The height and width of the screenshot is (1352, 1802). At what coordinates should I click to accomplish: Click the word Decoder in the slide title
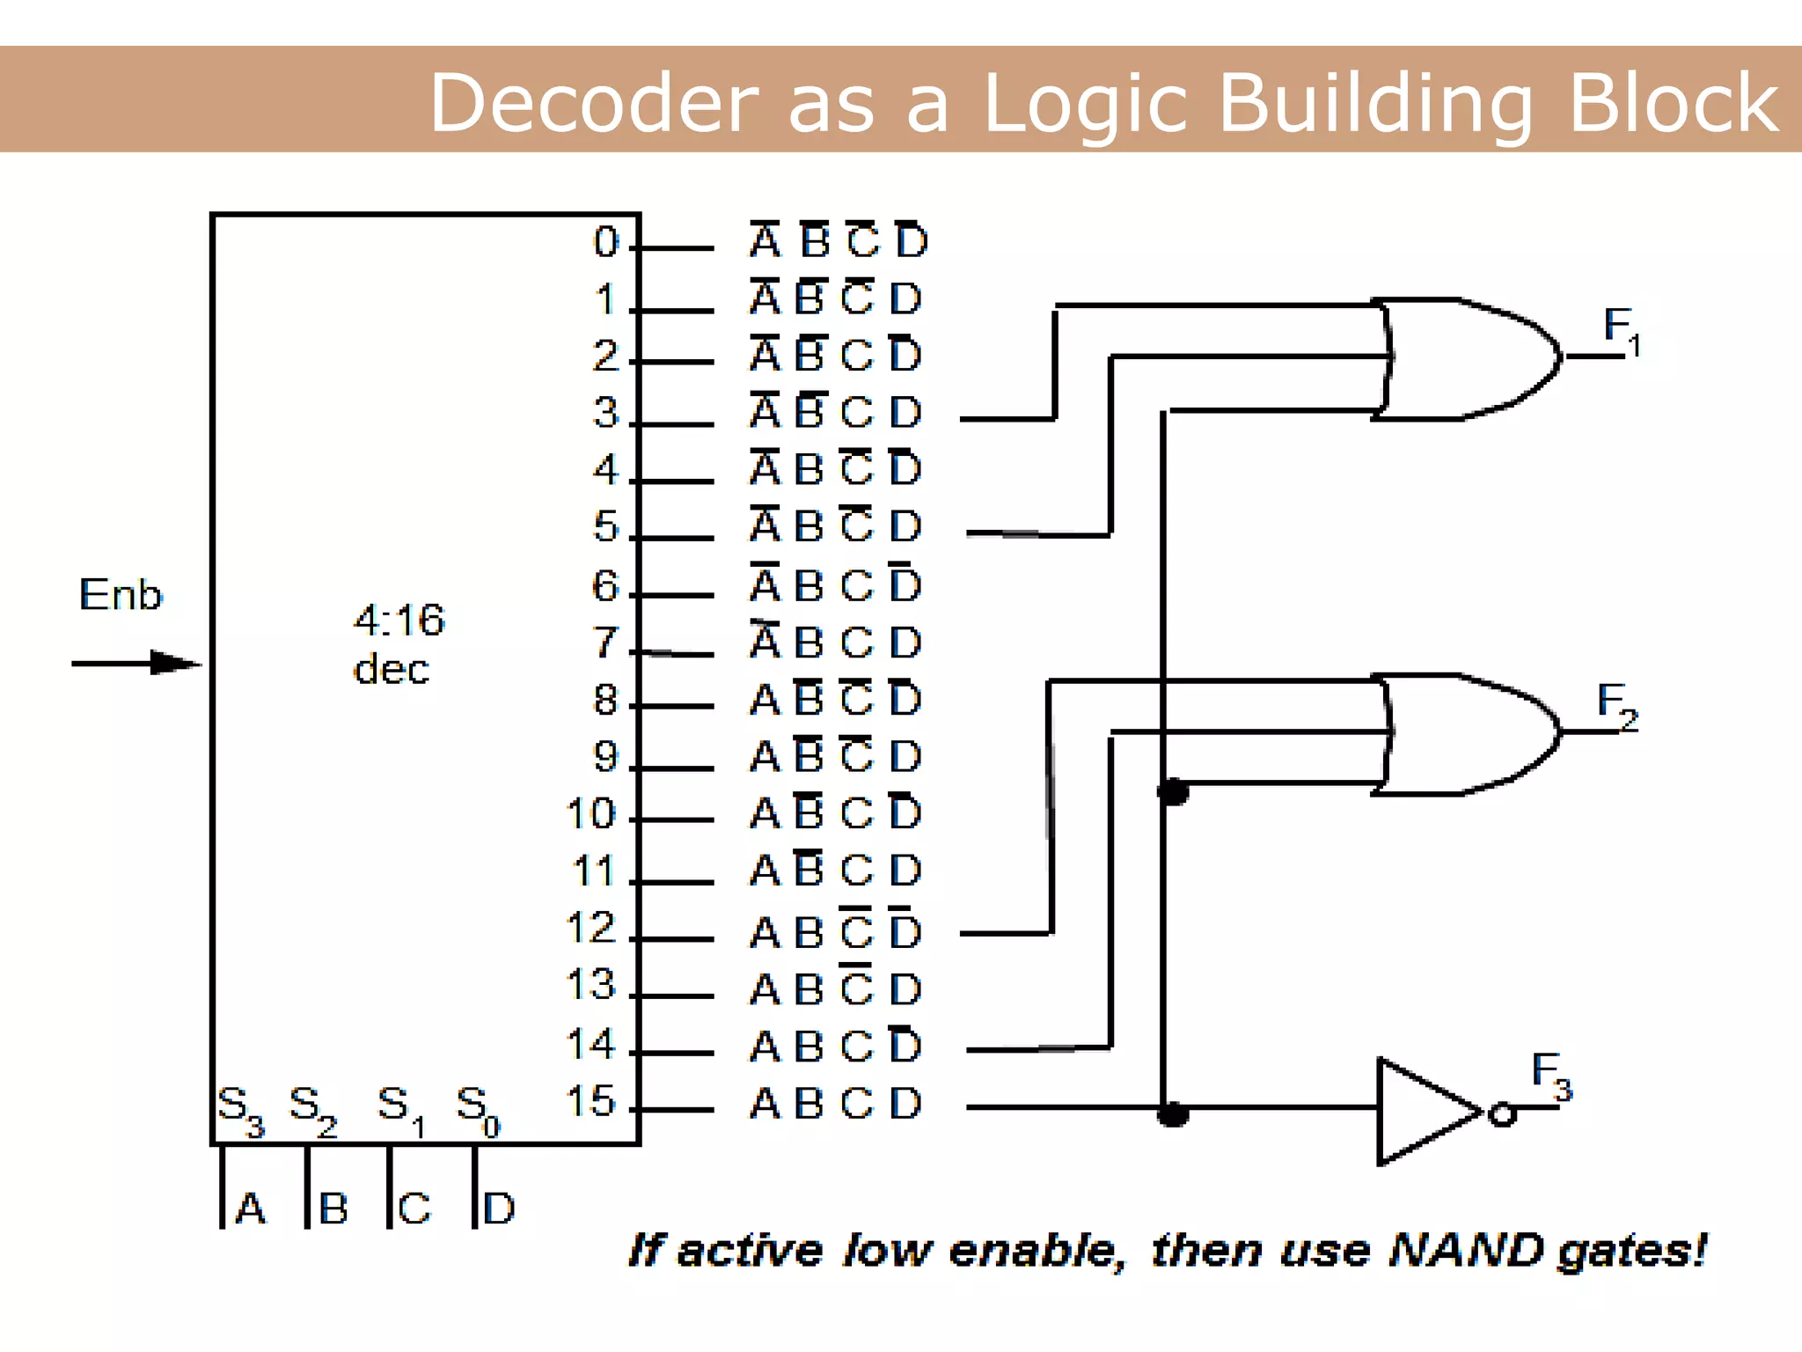point(594,104)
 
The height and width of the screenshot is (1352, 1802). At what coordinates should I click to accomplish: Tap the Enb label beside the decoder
point(121,595)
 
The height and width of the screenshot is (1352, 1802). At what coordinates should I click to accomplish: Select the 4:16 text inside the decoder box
point(399,620)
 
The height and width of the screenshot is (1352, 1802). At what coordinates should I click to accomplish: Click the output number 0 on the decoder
point(606,242)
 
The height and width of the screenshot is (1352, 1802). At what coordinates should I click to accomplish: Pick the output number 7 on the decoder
point(605,643)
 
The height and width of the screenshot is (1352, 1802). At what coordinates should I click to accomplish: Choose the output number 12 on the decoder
point(590,928)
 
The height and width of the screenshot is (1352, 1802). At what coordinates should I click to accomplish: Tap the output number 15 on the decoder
point(590,1101)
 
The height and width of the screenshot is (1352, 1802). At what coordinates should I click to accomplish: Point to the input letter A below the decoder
point(251,1209)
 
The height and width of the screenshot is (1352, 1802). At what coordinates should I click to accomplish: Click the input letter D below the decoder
point(499,1209)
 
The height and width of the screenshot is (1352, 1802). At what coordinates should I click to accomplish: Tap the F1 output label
point(1622,329)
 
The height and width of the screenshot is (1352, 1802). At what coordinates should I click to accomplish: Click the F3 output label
point(1550,1075)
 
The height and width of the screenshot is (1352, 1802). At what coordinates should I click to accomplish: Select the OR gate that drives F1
point(1465,358)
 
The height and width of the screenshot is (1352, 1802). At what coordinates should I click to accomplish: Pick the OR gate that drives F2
point(1465,733)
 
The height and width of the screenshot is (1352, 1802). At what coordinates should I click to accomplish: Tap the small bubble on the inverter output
point(1502,1114)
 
